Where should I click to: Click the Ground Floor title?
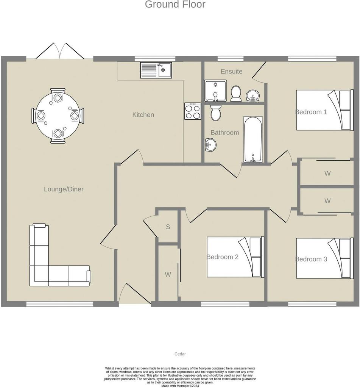click(175, 4)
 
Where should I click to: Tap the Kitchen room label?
click(143, 114)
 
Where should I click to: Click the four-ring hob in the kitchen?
click(193, 111)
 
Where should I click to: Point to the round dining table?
click(58, 116)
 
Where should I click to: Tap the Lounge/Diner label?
click(64, 189)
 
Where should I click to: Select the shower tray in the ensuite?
click(215, 91)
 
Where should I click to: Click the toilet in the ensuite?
click(236, 94)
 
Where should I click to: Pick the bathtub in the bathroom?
click(253, 139)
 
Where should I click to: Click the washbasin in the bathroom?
click(210, 144)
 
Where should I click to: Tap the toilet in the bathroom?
click(216, 113)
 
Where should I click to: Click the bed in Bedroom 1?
click(324, 110)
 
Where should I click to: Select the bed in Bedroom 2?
click(235, 257)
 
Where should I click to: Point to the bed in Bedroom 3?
click(324, 258)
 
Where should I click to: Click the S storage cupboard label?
click(168, 227)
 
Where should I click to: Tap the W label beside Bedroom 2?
click(168, 274)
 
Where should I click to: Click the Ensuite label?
click(231, 71)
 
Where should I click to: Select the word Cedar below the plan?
click(180, 354)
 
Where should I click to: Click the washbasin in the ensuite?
click(253, 95)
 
